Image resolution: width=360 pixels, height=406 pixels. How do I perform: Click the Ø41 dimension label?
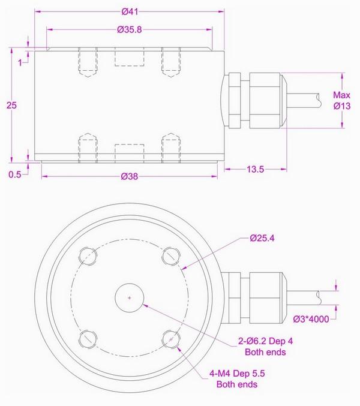point(130,11)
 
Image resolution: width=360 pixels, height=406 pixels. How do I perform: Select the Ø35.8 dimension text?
point(130,29)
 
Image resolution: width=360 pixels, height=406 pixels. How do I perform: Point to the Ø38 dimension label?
point(130,177)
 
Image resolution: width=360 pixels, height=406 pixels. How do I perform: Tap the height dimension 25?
point(11,105)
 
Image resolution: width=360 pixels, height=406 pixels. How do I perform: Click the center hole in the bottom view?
point(130,297)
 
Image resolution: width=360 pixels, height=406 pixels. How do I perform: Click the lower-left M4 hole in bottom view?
point(88,339)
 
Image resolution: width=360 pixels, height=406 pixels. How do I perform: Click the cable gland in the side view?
point(252,100)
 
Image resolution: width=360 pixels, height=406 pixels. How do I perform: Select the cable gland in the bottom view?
point(252,297)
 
